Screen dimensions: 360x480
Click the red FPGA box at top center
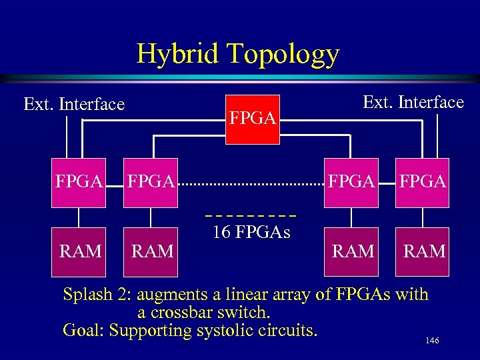click(x=253, y=118)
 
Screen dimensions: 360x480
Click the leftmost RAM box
click(x=80, y=251)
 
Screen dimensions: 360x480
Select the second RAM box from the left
click(x=153, y=251)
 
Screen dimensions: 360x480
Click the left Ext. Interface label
click(x=74, y=105)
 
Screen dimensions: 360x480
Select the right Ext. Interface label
click(x=413, y=102)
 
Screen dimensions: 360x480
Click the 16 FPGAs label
click(x=251, y=233)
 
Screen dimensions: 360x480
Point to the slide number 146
click(x=432, y=341)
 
